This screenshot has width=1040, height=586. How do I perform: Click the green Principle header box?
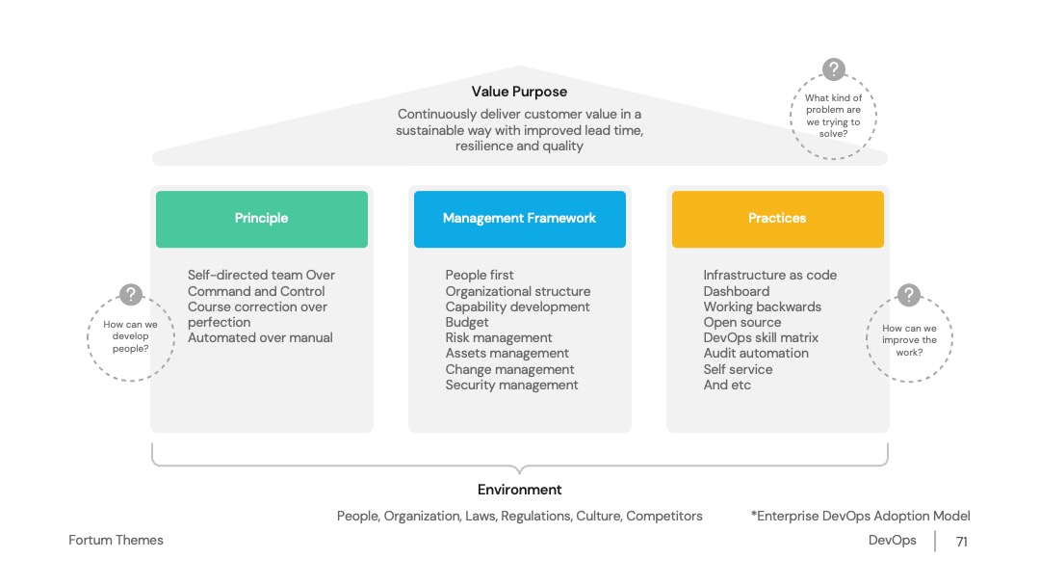click(x=261, y=219)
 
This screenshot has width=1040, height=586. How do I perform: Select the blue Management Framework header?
click(x=519, y=219)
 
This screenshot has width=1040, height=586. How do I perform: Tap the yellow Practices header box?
click(x=777, y=219)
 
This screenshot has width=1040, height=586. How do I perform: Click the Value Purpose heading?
click(x=519, y=92)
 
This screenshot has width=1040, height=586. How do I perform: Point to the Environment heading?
click(x=519, y=490)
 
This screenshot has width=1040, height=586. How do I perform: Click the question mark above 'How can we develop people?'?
click(x=131, y=294)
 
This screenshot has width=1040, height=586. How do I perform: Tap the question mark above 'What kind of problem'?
click(x=834, y=69)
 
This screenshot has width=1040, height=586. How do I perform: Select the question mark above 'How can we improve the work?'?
click(x=909, y=295)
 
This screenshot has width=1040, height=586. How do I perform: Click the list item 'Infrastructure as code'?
click(x=770, y=275)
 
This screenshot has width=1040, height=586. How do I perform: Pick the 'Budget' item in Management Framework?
click(x=467, y=323)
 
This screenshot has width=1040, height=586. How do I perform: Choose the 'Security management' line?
click(x=511, y=385)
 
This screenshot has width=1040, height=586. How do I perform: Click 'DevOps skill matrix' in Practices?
click(x=761, y=337)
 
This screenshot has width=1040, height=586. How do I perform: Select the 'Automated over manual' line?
click(x=260, y=337)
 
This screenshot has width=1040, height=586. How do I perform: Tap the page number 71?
click(x=962, y=543)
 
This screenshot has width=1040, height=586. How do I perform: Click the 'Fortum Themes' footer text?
click(x=117, y=540)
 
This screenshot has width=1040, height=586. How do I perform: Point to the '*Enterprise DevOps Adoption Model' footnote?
click(x=860, y=516)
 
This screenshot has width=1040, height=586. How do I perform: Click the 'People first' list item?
click(x=480, y=275)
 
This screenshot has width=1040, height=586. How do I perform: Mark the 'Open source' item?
click(x=742, y=323)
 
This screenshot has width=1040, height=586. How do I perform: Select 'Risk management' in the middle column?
click(x=499, y=337)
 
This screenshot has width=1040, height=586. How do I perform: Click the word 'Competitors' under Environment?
click(x=663, y=517)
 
